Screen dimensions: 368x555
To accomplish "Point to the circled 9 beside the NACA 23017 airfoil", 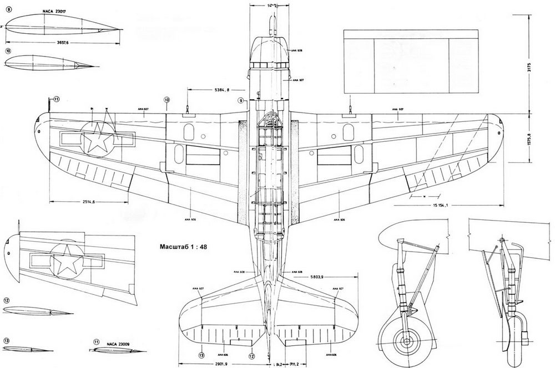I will coord(8,9).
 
